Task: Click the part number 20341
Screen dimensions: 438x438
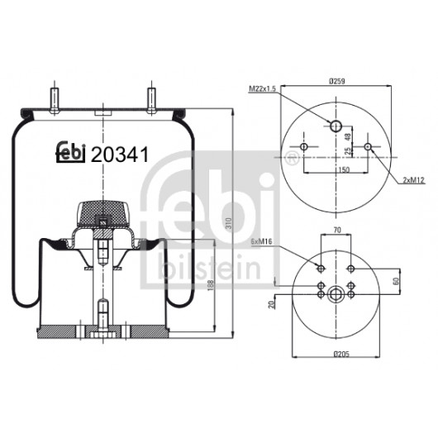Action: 120,155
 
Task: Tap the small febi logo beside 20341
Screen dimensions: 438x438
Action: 71,152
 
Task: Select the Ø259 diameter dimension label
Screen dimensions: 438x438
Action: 337,81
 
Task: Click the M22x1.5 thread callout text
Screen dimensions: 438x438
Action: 262,88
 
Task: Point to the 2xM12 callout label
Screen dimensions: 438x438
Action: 414,180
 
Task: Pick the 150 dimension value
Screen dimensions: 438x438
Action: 344,169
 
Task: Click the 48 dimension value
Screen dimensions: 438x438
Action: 347,136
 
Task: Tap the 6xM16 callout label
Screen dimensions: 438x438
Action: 261,241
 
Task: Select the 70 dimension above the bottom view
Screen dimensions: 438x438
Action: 337,230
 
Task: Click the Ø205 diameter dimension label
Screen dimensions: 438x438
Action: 341,355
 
